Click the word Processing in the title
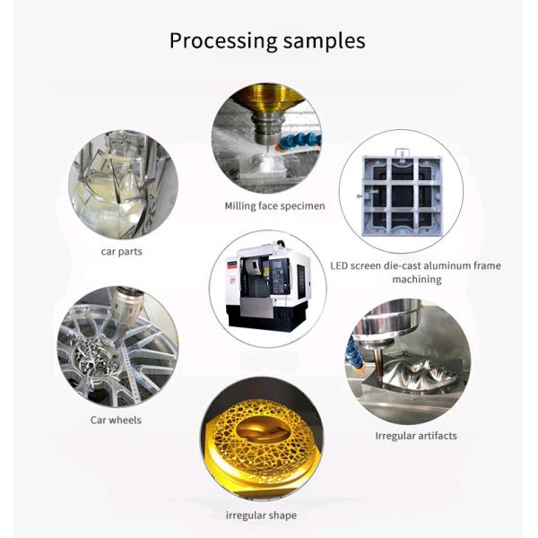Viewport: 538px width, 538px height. [x=223, y=41]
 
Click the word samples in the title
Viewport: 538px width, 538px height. [x=325, y=40]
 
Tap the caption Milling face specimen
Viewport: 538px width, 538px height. [x=274, y=206]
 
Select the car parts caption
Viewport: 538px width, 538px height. [x=121, y=251]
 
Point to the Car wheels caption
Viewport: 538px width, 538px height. [x=116, y=420]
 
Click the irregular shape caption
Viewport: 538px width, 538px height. [x=261, y=516]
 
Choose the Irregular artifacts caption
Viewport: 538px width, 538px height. [x=416, y=436]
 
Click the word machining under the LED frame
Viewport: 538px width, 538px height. [x=417, y=279]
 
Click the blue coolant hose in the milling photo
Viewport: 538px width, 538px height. [x=299, y=140]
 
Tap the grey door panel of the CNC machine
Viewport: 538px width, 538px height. [x=256, y=307]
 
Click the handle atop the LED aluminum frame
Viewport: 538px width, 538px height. [x=402, y=152]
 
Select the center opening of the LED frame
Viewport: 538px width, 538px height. [x=402, y=195]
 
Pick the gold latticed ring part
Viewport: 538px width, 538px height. [x=262, y=438]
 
